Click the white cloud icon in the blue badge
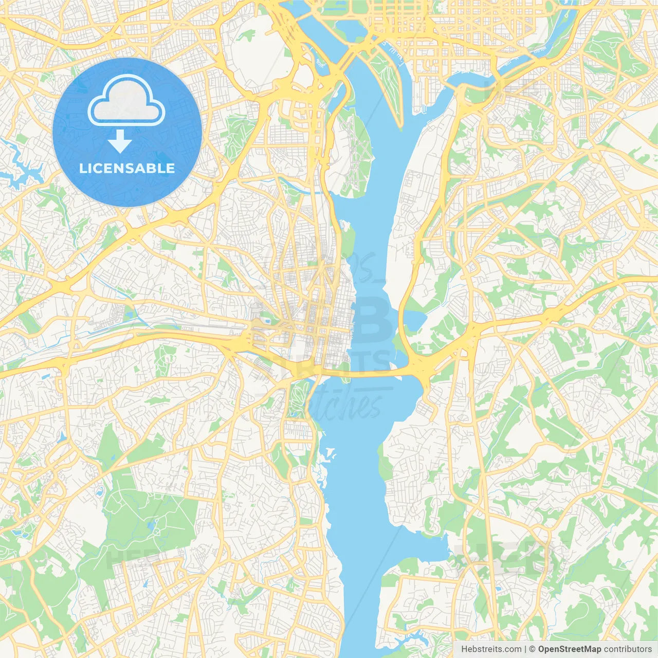coord(126,101)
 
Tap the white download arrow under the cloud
coord(120,142)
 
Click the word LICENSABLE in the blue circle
coord(127,168)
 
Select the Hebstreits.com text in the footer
coord(491,649)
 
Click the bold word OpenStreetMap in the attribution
coord(570,649)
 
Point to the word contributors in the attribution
coord(627,649)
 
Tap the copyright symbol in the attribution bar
coord(533,649)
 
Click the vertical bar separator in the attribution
coord(526,649)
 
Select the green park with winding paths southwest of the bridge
coord(297,398)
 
